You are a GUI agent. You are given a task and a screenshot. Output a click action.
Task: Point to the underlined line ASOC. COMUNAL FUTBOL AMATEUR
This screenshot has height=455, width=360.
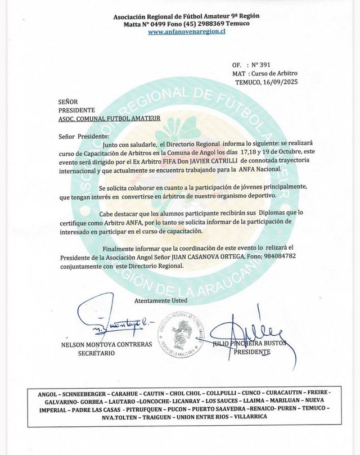[x=110, y=119]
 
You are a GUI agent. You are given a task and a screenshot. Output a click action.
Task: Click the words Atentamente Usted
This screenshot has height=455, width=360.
[x=160, y=300]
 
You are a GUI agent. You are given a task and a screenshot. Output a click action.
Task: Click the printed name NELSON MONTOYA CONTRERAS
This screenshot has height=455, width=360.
[x=99, y=345]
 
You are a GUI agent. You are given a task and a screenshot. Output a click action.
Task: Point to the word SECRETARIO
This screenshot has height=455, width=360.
[x=96, y=353]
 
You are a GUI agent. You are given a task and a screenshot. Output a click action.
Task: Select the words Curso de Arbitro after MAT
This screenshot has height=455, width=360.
[x=273, y=74]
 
